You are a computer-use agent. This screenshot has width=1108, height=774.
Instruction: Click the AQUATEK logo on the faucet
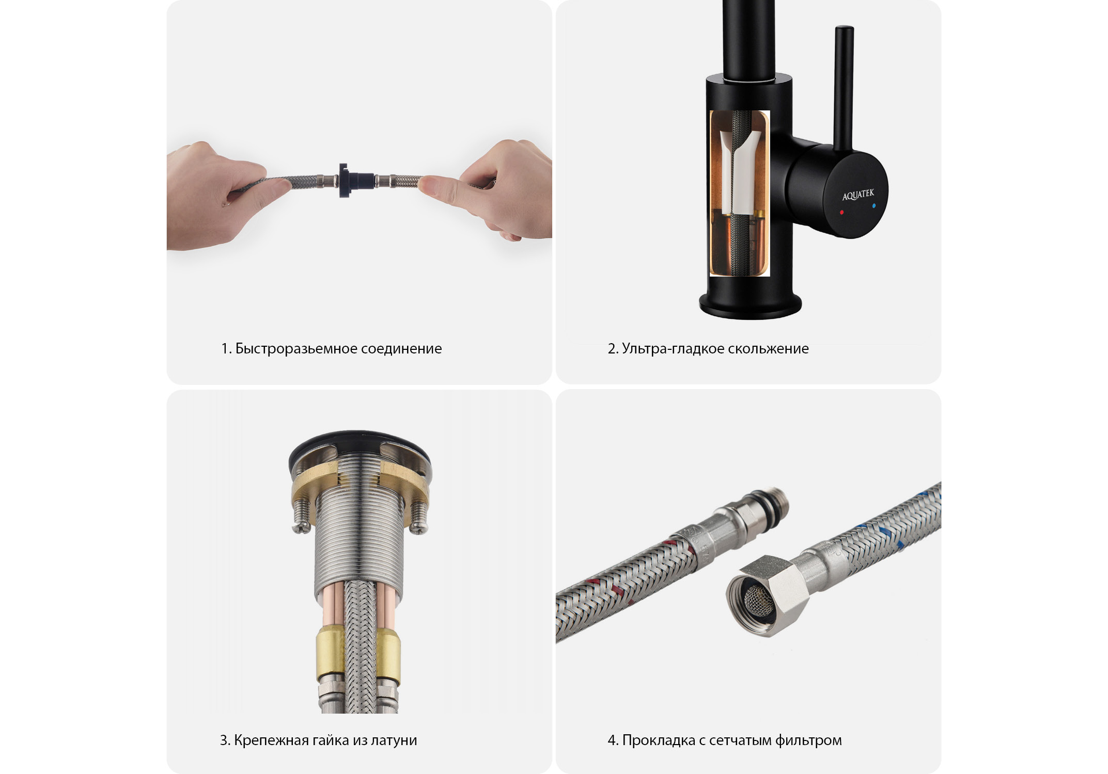point(858,195)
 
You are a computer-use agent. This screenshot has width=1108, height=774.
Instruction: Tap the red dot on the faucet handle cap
point(842,212)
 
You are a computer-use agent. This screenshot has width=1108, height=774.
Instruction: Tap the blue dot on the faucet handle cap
point(873,206)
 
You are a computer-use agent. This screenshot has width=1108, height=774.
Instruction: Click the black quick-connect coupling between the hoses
point(350,181)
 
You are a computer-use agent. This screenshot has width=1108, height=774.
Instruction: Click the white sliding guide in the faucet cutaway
point(739,170)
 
